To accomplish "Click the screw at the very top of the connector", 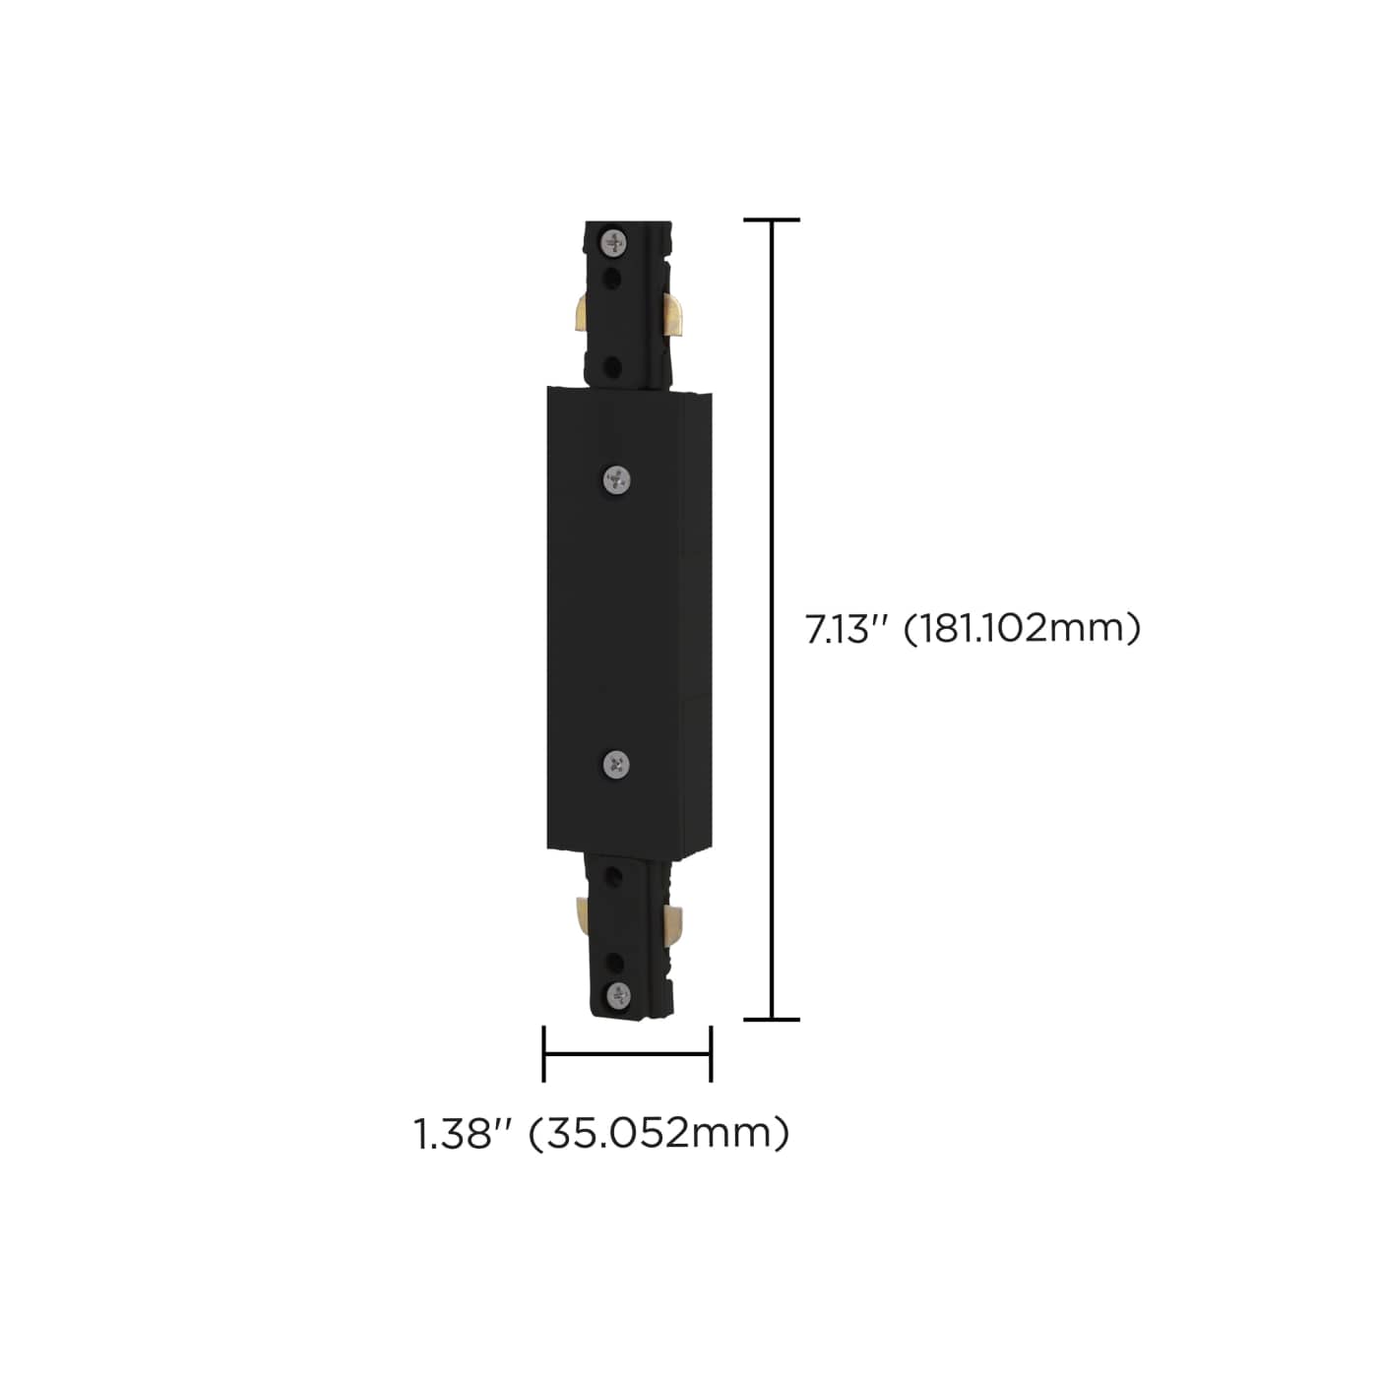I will click(x=615, y=239).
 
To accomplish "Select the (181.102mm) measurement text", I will click(x=1023, y=629).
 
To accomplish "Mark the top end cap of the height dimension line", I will click(x=771, y=220).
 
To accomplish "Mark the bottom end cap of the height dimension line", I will click(x=771, y=1019).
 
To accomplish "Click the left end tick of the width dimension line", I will click(x=544, y=1053).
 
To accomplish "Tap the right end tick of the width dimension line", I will click(x=710, y=1053).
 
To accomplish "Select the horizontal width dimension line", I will click(x=627, y=1054).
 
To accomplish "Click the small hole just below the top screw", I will click(x=614, y=278).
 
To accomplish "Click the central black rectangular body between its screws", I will click(x=615, y=620).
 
